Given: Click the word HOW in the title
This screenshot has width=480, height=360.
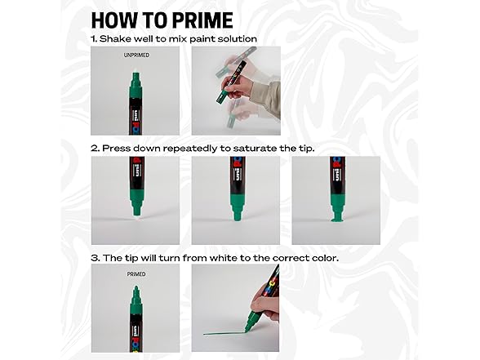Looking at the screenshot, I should tap(118, 20).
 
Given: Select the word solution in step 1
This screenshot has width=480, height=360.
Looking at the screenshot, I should tap(236, 38).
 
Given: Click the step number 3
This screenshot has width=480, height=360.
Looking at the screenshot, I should tap(94, 258).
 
